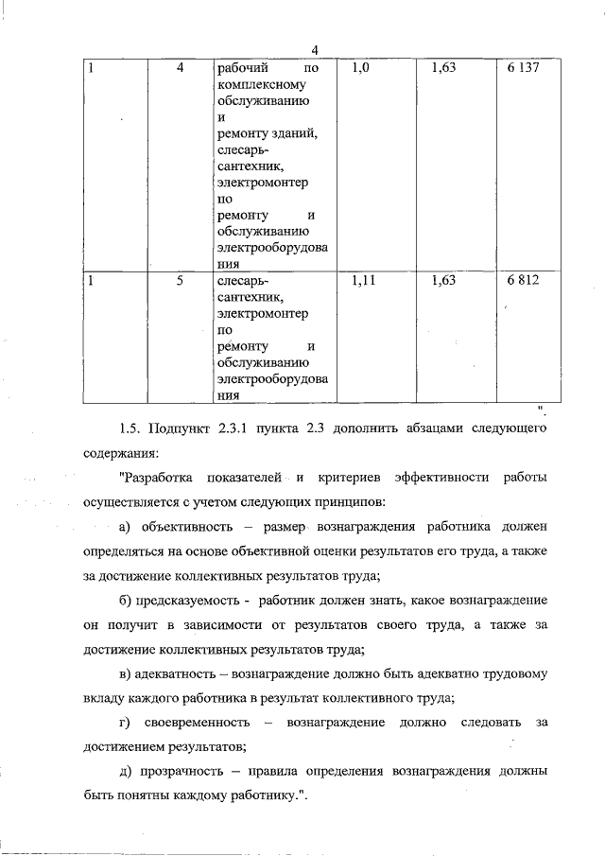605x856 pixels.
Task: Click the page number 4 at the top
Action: click(x=315, y=49)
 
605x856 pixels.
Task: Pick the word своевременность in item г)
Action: click(x=196, y=723)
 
